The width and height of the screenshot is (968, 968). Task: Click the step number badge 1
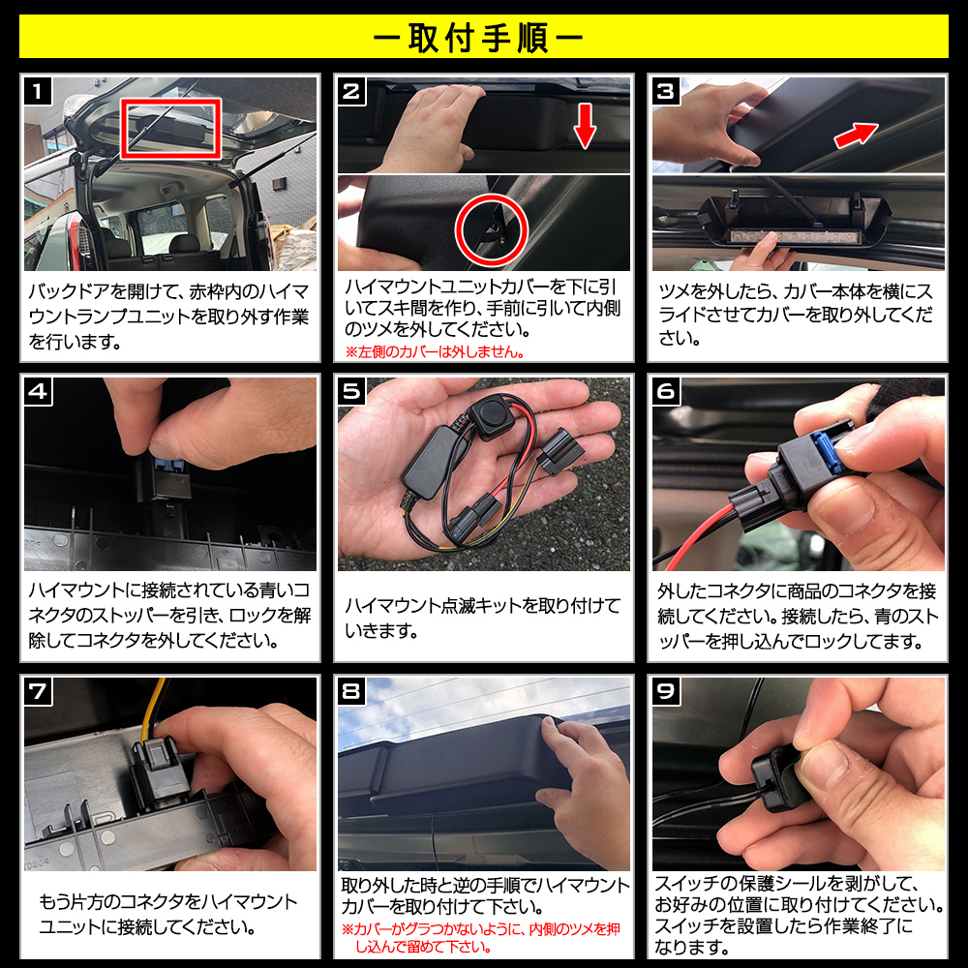(x=38, y=92)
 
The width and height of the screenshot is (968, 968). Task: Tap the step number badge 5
(x=351, y=392)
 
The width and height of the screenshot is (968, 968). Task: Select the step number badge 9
(x=667, y=692)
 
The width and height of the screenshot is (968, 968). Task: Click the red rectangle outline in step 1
(x=171, y=128)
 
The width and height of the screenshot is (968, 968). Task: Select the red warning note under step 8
(x=481, y=936)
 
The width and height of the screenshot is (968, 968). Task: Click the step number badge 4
(x=38, y=392)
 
